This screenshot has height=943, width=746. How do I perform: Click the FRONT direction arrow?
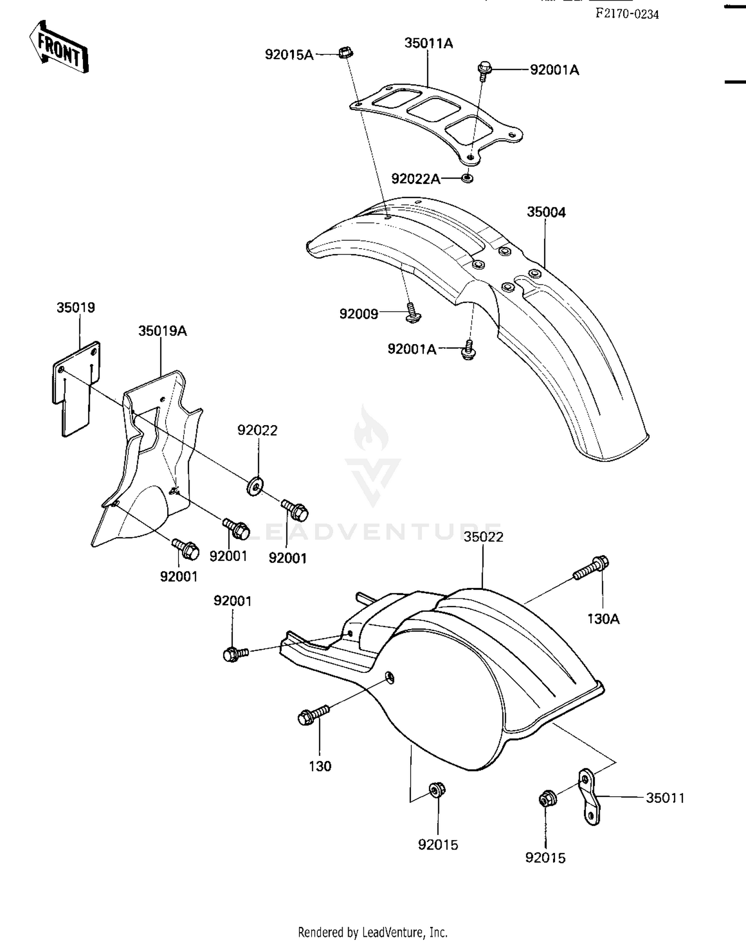click(x=59, y=47)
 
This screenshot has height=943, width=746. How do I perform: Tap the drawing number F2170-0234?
click(x=627, y=14)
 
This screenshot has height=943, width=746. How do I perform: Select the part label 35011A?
click(x=429, y=43)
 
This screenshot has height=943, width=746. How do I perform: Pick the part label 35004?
click(x=546, y=212)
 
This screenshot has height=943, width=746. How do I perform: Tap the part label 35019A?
click(x=162, y=331)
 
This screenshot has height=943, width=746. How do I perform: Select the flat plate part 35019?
click(x=76, y=388)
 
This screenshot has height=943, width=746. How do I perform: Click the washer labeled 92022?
click(x=256, y=485)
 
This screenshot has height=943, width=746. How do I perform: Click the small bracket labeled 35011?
click(x=589, y=797)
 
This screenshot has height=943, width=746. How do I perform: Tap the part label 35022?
click(x=483, y=537)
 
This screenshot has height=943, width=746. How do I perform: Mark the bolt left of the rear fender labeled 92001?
click(x=236, y=653)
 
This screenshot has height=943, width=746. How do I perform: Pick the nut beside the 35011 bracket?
click(x=548, y=799)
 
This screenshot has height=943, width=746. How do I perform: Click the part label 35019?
click(x=76, y=307)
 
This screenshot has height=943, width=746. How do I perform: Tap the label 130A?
click(x=603, y=619)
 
